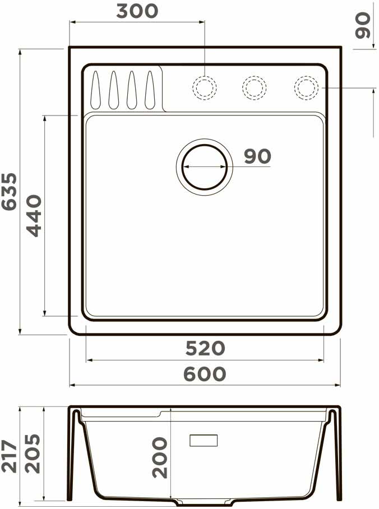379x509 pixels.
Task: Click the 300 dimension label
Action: click(x=137, y=11)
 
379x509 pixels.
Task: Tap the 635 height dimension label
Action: click(x=9, y=192)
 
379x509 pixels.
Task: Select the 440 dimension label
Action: click(x=34, y=216)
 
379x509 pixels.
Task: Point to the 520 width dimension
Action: click(x=205, y=348)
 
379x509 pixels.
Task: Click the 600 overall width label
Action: click(x=205, y=374)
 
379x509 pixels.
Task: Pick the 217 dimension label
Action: click(x=9, y=456)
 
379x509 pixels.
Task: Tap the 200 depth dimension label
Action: click(x=159, y=457)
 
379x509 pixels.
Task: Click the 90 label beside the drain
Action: click(x=257, y=156)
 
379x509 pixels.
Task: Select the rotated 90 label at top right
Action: click(x=362, y=25)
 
